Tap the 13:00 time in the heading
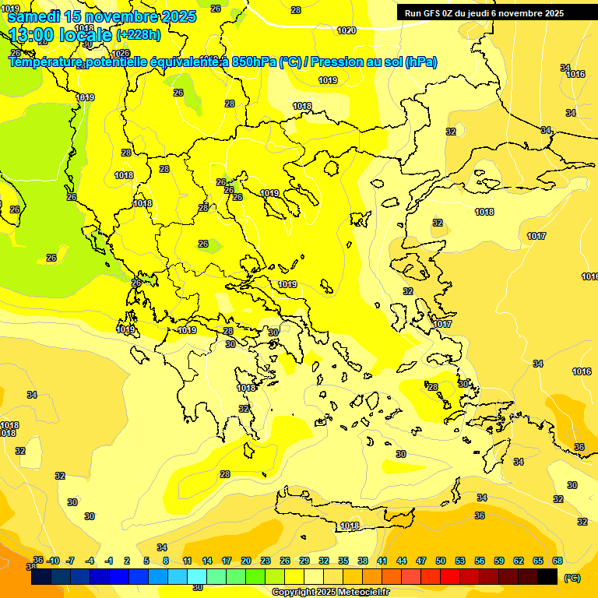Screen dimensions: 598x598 [30, 34]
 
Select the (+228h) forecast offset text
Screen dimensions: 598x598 [139, 34]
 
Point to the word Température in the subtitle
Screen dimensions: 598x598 [46, 62]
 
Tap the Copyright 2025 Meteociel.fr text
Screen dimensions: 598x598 [330, 593]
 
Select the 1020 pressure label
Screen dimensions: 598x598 [346, 30]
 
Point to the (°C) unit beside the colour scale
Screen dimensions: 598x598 [572, 578]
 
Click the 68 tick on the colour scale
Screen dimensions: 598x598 [558, 561]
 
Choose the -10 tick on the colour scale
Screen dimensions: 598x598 [54, 561]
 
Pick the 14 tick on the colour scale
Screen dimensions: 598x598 [207, 561]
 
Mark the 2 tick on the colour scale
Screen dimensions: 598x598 [127, 561]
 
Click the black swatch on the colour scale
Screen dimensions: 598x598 [547, 577]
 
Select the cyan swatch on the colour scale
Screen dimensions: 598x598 [197, 577]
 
